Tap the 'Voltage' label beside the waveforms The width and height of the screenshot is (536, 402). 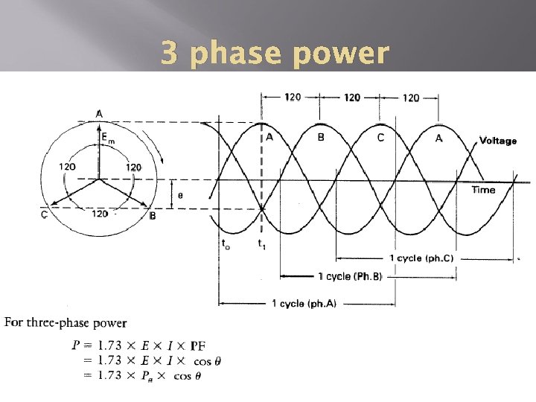click(x=497, y=141)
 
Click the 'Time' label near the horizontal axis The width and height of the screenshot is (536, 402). click(x=483, y=190)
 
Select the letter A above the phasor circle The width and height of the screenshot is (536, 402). click(x=99, y=113)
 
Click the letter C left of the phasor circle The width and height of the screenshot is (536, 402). click(x=45, y=215)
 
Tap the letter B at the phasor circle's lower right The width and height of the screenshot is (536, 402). click(x=153, y=216)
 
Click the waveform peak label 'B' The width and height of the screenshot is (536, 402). click(x=321, y=137)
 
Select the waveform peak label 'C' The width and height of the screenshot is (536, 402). click(x=380, y=137)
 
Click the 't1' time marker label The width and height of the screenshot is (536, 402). click(x=261, y=243)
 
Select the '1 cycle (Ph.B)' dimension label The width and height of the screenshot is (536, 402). click(x=350, y=277)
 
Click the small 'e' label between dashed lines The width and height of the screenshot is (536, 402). click(x=180, y=195)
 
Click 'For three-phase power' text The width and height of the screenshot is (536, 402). click(x=66, y=323)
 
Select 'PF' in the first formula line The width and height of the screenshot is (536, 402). click(x=198, y=345)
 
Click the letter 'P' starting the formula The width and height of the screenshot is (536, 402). click(x=76, y=345)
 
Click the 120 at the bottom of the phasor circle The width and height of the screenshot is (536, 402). click(x=99, y=214)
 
